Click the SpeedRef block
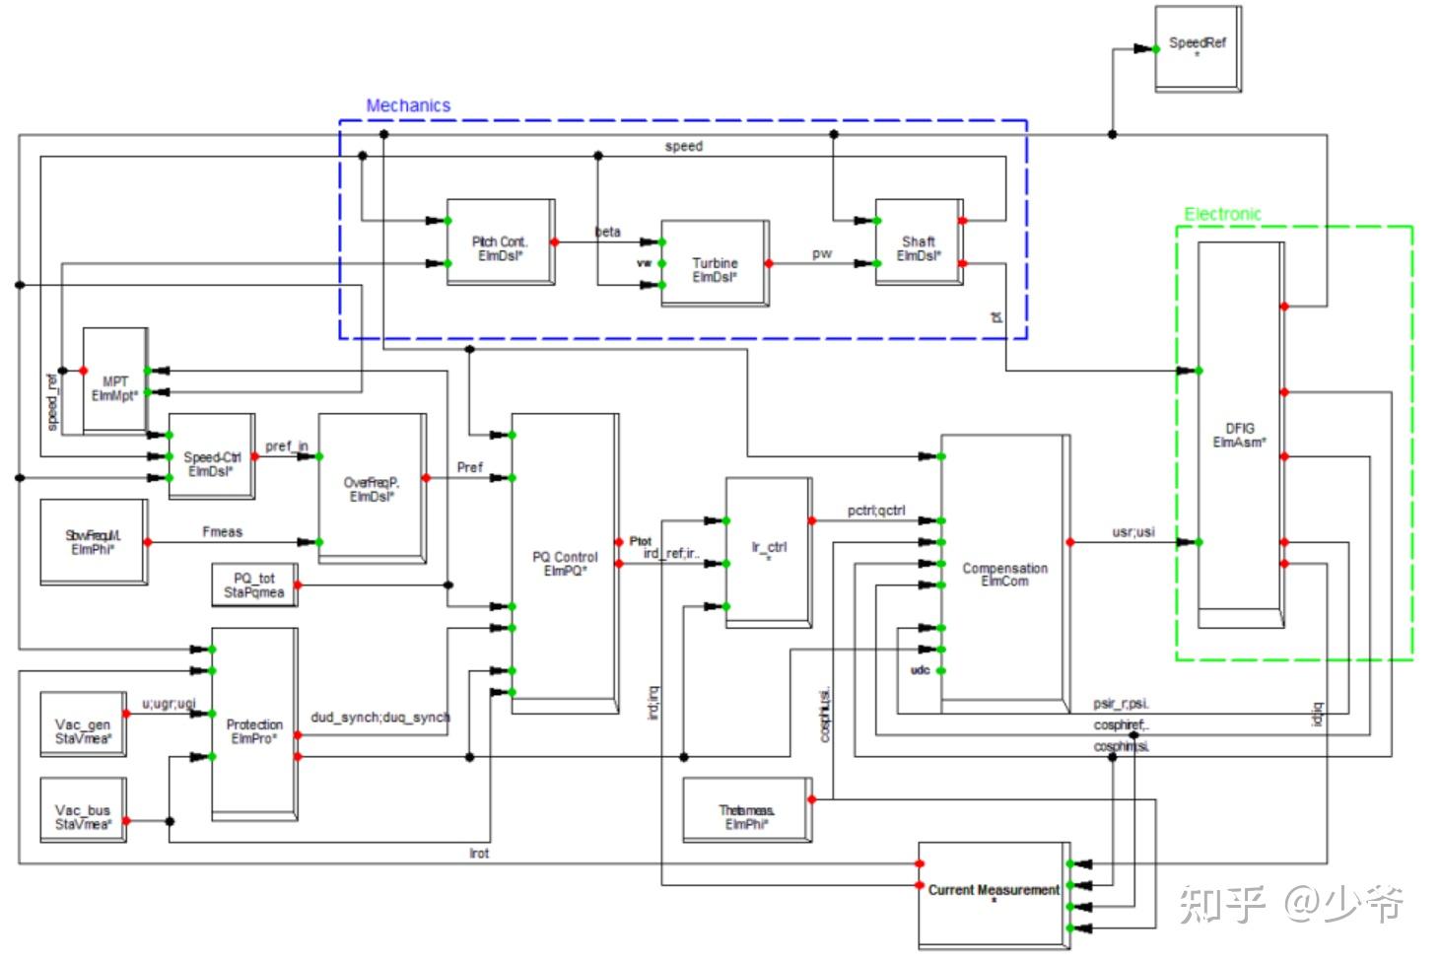tap(1197, 48)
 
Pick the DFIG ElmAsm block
tap(1239, 434)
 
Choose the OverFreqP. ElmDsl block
tap(371, 489)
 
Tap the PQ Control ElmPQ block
tap(564, 562)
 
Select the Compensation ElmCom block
tap(1003, 574)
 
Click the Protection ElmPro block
tap(253, 729)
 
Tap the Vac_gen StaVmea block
tap(83, 730)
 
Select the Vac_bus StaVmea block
tap(83, 816)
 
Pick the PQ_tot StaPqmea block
tap(253, 584)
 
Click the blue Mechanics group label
tap(408, 105)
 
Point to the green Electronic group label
tap(1222, 214)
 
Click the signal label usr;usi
tap(1132, 532)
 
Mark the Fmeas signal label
tap(222, 532)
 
